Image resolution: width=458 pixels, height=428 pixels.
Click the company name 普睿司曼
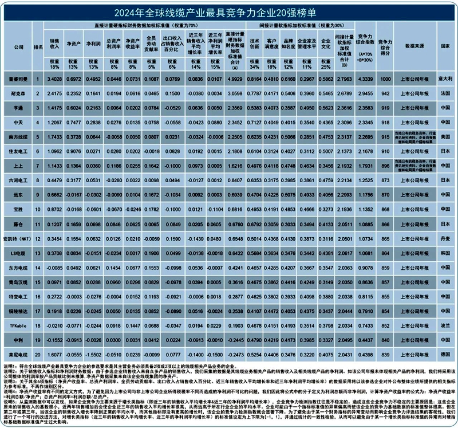[18, 78]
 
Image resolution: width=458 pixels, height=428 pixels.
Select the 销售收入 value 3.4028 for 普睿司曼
[54, 78]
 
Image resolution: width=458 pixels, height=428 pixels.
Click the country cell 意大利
[444, 78]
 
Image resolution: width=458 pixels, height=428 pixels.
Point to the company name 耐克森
[18, 93]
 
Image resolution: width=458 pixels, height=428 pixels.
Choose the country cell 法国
[444, 93]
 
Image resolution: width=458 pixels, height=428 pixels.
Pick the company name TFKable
[18, 325]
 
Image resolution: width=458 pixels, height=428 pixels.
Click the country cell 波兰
[444, 325]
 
